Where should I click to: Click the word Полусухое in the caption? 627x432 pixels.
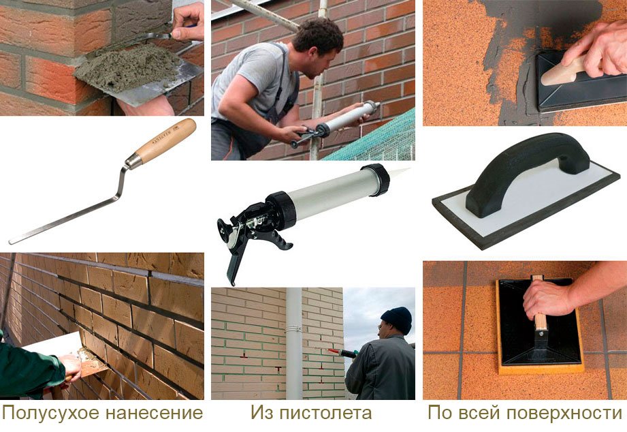pyautogui.click(x=51, y=413)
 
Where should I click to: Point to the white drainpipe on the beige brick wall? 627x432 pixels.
pyautogui.click(x=294, y=343)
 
